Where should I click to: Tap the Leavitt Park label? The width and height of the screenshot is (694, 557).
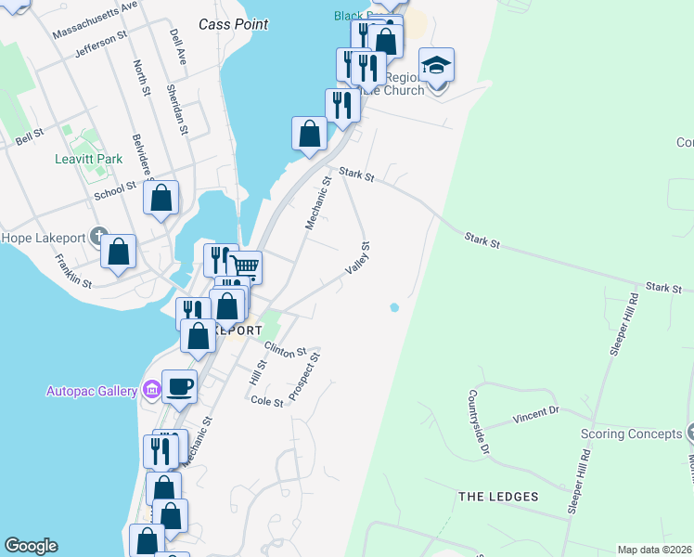pyautogui.click(x=88, y=159)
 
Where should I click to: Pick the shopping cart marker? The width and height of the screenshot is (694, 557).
pyautogui.click(x=245, y=266)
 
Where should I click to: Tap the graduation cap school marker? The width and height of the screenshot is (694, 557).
pyautogui.click(x=436, y=65)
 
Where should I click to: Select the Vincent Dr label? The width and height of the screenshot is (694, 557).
pyautogui.click(x=536, y=414)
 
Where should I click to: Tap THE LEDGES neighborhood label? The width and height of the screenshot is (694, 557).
pyautogui.click(x=498, y=497)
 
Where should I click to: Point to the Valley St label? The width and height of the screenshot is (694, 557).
pyautogui.click(x=357, y=257)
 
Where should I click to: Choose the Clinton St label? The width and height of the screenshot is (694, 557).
pyautogui.click(x=285, y=350)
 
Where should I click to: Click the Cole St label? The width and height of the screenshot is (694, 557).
pyautogui.click(x=267, y=401)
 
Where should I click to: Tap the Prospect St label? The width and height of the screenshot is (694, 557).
pyautogui.click(x=304, y=376)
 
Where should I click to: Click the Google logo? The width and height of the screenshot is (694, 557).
pyautogui.click(x=31, y=546)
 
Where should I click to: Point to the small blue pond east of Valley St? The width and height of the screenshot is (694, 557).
pyautogui.click(x=395, y=307)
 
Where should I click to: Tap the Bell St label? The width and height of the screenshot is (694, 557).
pyautogui.click(x=30, y=136)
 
